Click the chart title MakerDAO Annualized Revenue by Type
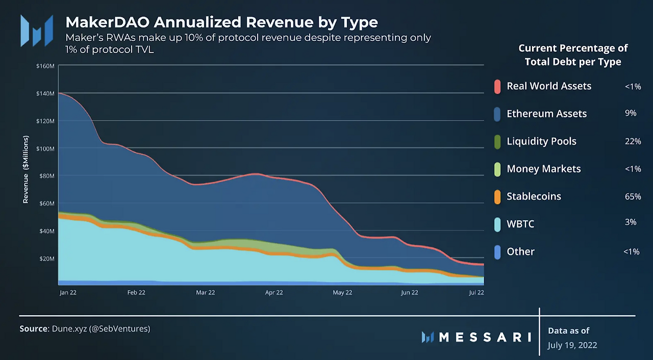click(x=222, y=22)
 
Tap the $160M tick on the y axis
click(x=45, y=66)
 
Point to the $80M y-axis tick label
click(x=46, y=176)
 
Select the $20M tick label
click(x=46, y=259)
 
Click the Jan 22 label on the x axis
click(x=68, y=293)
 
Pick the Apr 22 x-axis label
click(x=274, y=293)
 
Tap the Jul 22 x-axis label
click(x=476, y=293)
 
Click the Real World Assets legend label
click(x=549, y=86)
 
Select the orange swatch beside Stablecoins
click(x=497, y=197)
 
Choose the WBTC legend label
click(x=520, y=224)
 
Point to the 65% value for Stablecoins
click(x=633, y=196)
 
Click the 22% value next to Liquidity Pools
click(x=633, y=141)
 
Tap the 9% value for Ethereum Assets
click(x=631, y=113)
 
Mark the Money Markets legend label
click(x=544, y=169)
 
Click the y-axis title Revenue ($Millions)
click(x=26, y=169)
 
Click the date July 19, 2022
click(x=572, y=345)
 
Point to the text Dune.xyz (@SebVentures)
click(x=101, y=329)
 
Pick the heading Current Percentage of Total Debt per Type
click(x=573, y=55)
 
